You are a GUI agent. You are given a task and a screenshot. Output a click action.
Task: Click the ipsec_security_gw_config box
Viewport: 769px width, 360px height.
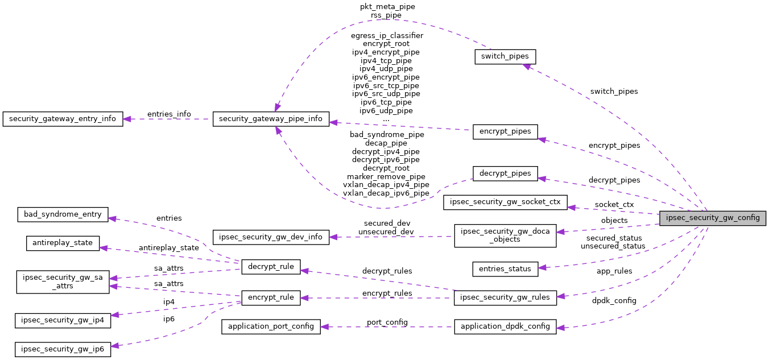pos(712,217)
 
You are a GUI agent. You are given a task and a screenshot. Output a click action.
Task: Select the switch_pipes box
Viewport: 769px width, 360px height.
pos(505,57)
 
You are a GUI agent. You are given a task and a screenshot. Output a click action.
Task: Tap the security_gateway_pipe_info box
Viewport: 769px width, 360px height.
pos(271,119)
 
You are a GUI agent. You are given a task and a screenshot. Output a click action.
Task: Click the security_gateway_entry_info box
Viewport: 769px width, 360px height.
pos(63,119)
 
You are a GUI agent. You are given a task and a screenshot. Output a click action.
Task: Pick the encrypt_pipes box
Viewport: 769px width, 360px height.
pos(505,131)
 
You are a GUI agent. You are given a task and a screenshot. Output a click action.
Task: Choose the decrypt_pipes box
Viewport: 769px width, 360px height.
pos(505,173)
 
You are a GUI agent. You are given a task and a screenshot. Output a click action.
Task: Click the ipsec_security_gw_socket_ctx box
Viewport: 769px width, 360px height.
pos(505,202)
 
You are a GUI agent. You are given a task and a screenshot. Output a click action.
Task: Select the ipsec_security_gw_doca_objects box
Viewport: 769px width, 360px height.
pos(505,235)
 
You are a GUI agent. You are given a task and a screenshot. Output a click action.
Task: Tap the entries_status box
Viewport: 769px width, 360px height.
pos(505,269)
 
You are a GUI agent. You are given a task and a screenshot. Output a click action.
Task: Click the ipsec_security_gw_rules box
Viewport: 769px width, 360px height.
pos(505,297)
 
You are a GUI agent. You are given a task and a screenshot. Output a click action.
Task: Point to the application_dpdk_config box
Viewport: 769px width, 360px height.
pos(505,326)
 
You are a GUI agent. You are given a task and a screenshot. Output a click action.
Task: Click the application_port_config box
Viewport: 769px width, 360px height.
pos(271,326)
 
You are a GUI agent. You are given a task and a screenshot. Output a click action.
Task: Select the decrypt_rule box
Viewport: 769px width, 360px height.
pos(271,267)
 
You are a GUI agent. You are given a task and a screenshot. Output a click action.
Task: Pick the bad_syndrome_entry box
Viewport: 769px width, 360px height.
pos(63,214)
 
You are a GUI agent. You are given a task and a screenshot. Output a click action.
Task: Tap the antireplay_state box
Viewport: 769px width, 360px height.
pos(63,243)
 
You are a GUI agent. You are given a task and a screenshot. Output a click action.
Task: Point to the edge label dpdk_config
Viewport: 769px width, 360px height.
pos(614,300)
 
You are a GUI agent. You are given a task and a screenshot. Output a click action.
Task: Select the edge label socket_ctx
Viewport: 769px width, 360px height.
pos(614,204)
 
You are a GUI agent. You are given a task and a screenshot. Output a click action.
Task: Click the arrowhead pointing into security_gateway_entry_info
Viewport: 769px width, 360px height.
pos(126,119)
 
